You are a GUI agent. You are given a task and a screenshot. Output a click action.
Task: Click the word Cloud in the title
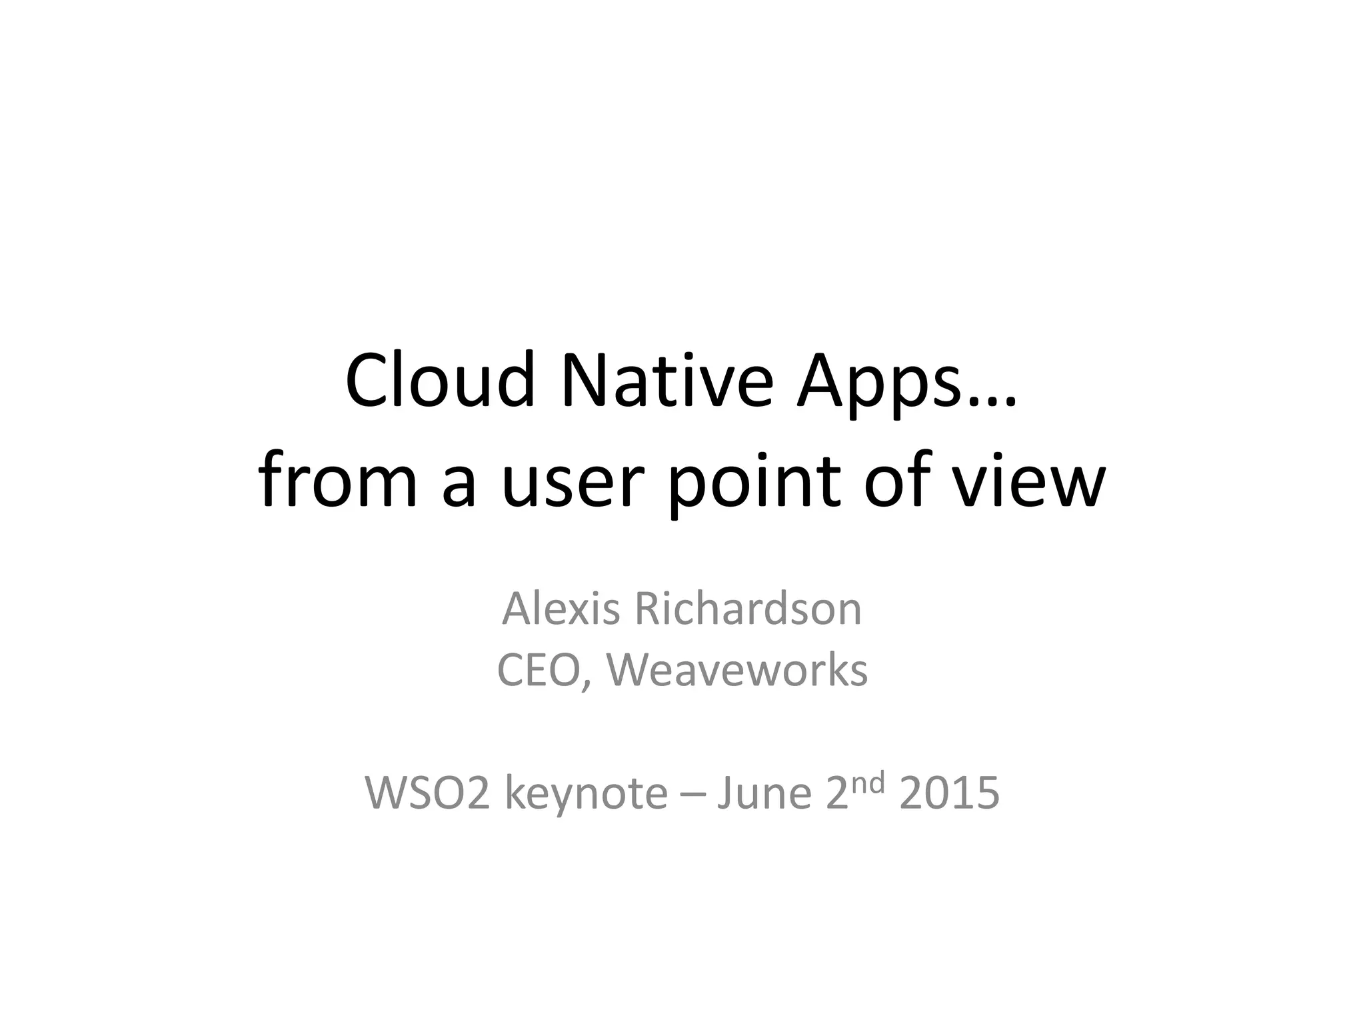click(441, 381)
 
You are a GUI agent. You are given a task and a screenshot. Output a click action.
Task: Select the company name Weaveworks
click(736, 671)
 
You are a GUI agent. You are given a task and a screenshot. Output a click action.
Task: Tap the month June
click(764, 793)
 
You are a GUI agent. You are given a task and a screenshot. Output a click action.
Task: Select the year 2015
click(949, 793)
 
